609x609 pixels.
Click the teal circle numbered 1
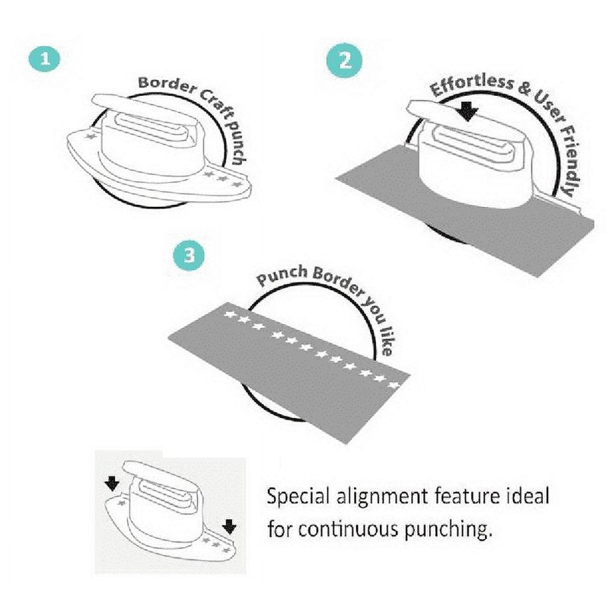point(45,59)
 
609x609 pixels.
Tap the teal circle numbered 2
point(345,61)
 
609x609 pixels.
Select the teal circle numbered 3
point(189,256)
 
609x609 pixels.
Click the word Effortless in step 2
point(471,85)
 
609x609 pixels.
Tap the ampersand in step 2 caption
point(525,89)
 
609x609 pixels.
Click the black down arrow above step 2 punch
point(467,112)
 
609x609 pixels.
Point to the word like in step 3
point(385,340)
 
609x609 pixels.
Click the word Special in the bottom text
point(298,498)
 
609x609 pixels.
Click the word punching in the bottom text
point(447,530)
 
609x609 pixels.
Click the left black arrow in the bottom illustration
point(112,484)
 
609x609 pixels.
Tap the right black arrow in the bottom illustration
point(230,527)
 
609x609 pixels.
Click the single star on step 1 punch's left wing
point(91,136)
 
